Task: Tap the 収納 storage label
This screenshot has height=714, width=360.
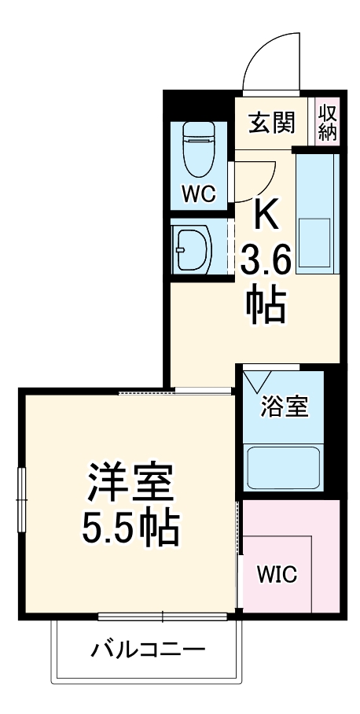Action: (x=328, y=123)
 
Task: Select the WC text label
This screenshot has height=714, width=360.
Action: (x=199, y=194)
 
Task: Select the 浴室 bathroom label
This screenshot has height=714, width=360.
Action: (x=285, y=409)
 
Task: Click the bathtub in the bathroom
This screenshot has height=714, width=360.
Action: (x=283, y=469)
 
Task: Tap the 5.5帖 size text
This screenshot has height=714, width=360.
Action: (x=131, y=531)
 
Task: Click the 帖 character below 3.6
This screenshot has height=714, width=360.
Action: (x=266, y=307)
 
